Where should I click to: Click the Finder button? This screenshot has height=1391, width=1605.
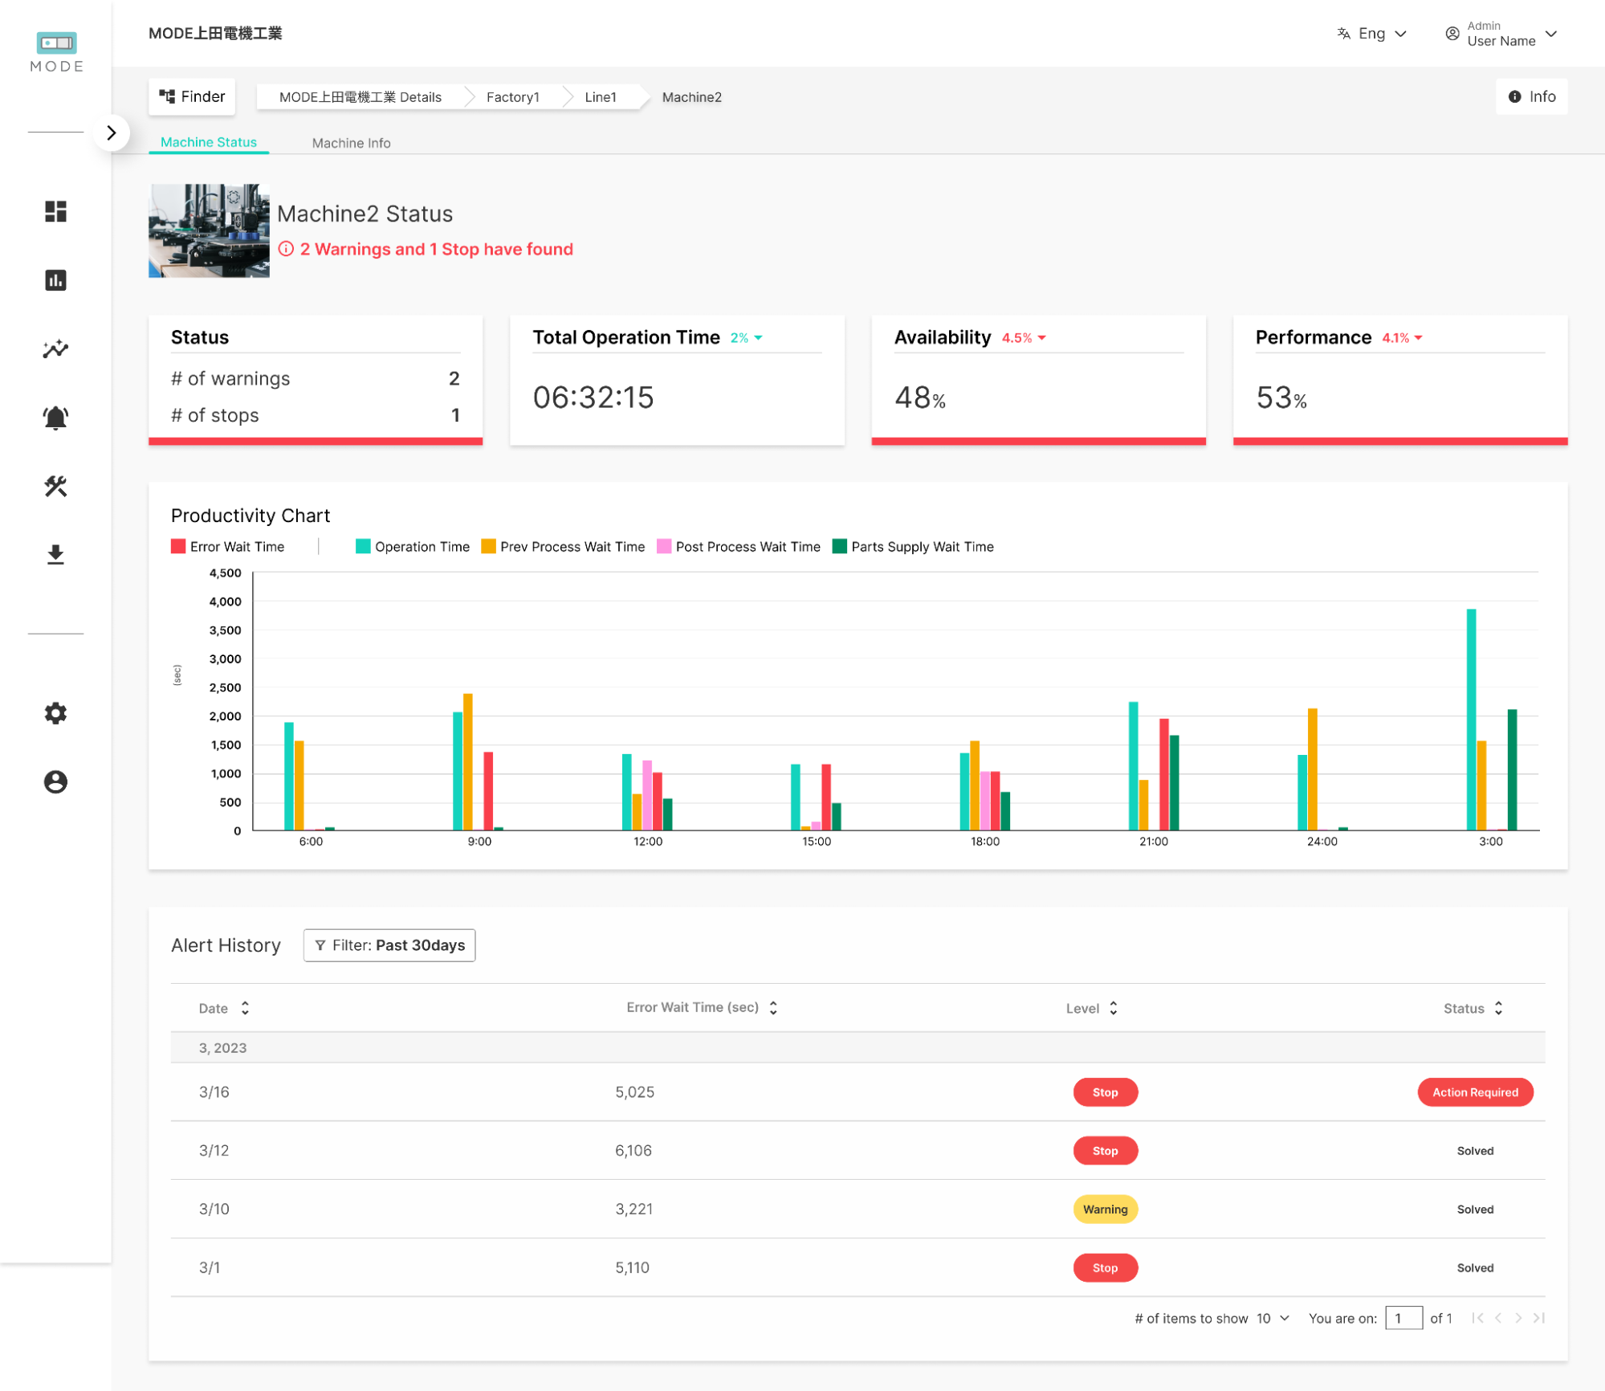click(x=192, y=96)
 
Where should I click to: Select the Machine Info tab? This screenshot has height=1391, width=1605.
click(x=351, y=143)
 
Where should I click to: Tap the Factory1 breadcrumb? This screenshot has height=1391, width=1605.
click(x=512, y=97)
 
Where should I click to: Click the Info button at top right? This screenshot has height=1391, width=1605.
click(x=1531, y=96)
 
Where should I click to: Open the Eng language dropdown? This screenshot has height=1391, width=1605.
click(x=1372, y=34)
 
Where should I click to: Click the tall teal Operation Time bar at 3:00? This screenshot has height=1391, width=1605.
click(x=1471, y=720)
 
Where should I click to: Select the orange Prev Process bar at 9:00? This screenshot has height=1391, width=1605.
click(x=468, y=761)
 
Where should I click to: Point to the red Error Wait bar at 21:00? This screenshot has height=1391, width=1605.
click(x=1163, y=774)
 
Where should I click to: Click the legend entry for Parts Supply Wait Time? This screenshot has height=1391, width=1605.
click(x=921, y=547)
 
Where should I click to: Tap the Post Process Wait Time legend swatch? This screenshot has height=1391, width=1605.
click(x=664, y=547)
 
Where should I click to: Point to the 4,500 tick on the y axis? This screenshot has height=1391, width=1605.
click(x=225, y=573)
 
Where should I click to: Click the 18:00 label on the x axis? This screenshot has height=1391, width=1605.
click(x=984, y=842)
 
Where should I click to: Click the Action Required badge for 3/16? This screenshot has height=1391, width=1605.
click(x=1474, y=1092)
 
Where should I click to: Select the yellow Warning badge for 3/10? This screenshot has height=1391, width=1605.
click(x=1105, y=1209)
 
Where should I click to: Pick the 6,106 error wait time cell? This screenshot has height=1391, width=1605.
click(x=633, y=1151)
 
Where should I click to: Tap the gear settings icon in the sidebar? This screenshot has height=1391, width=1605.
click(x=55, y=713)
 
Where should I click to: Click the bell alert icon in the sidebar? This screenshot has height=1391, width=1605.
click(x=55, y=418)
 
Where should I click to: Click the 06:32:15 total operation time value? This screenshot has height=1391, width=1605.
click(x=593, y=398)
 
